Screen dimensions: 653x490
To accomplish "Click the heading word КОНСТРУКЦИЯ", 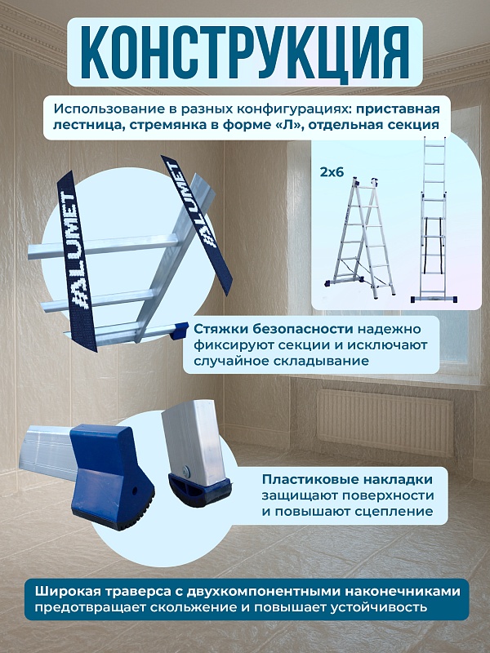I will [246, 51].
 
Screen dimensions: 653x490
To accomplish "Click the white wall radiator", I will [385, 420].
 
